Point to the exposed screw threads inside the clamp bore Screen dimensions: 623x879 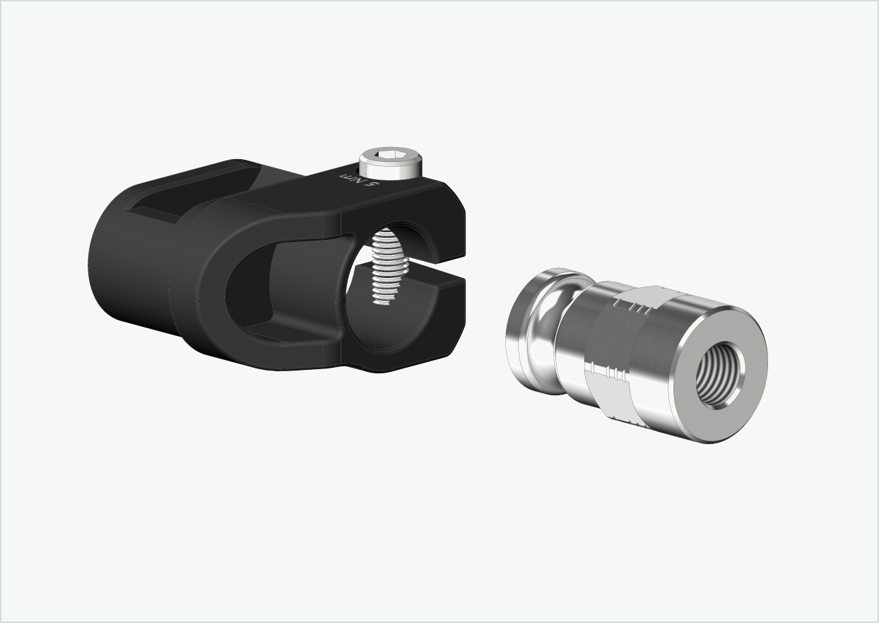(386, 265)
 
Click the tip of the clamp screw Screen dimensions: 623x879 (382, 300)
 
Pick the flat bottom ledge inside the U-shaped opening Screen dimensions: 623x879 (297, 332)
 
